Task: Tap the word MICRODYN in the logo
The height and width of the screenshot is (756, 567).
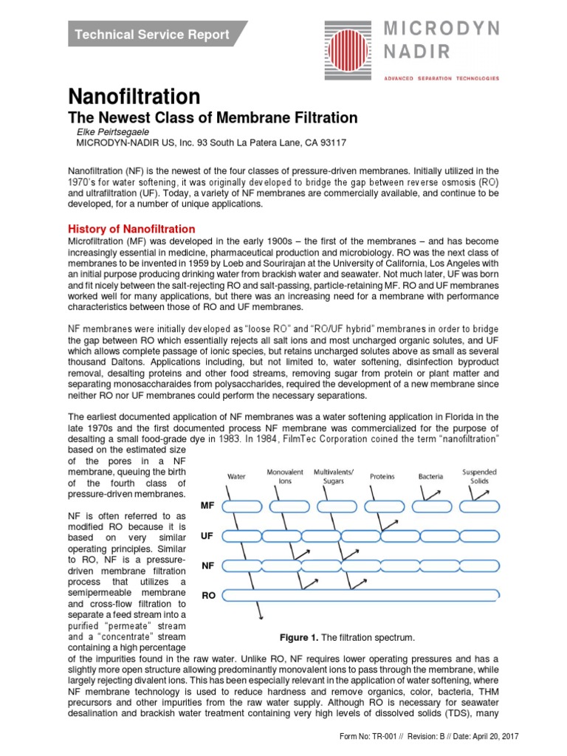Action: point(441,29)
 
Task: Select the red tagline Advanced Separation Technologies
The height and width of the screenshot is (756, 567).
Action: point(440,78)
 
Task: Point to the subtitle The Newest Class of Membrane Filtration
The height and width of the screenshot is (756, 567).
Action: point(213,118)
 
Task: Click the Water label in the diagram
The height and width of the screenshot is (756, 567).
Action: point(236,476)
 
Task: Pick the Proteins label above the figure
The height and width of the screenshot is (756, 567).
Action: point(382,476)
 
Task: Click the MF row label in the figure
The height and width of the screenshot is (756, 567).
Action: point(207,506)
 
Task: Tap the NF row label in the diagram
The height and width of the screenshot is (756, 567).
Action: point(207,565)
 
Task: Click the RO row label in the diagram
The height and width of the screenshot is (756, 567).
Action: point(207,594)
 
